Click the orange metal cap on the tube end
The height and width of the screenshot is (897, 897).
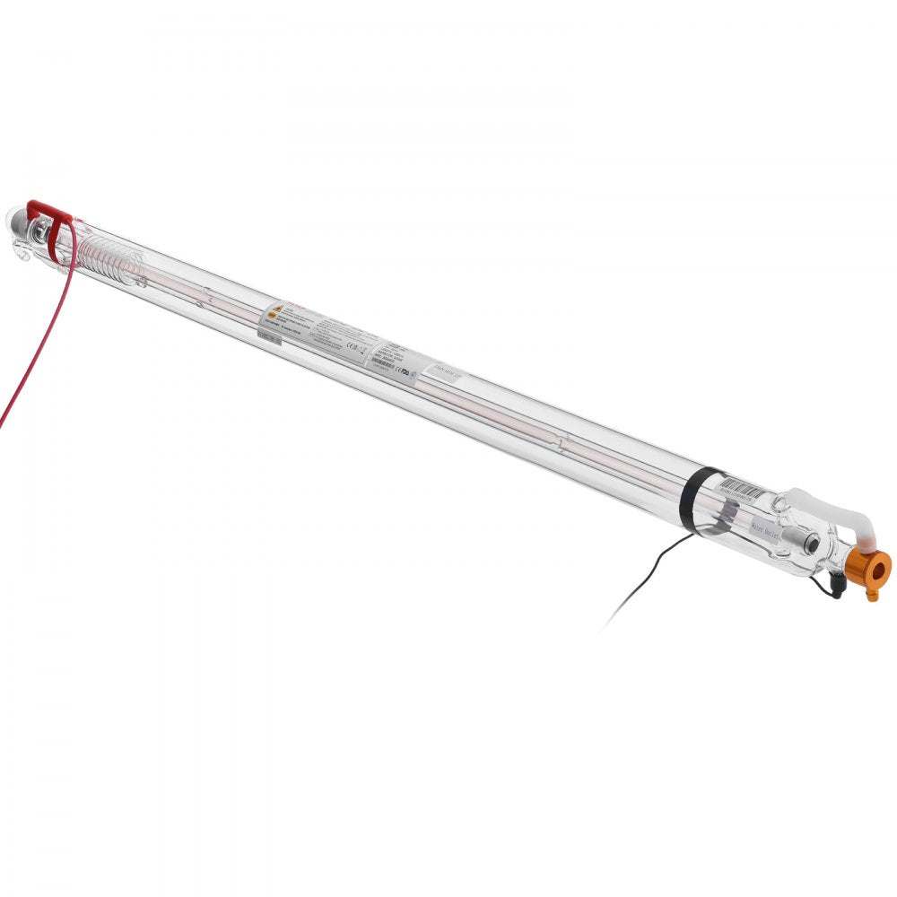pos(867,566)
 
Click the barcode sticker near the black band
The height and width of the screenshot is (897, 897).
pos(742,490)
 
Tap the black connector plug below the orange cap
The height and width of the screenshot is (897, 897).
pos(837,588)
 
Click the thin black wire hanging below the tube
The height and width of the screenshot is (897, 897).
pos(646,579)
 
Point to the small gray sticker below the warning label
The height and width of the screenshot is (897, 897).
pos(267,335)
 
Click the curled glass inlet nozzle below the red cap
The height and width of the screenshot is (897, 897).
pos(23,256)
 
